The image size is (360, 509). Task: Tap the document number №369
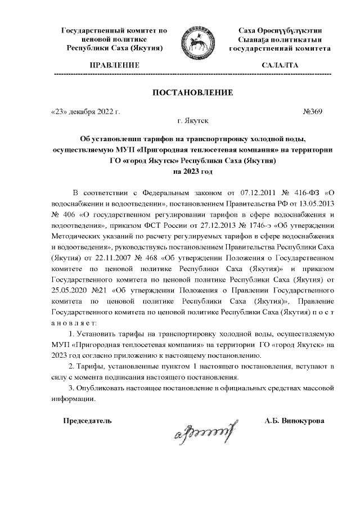[x=312, y=112]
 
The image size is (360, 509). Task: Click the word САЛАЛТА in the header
[x=280, y=66]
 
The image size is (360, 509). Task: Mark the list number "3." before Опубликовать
[x=71, y=388]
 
